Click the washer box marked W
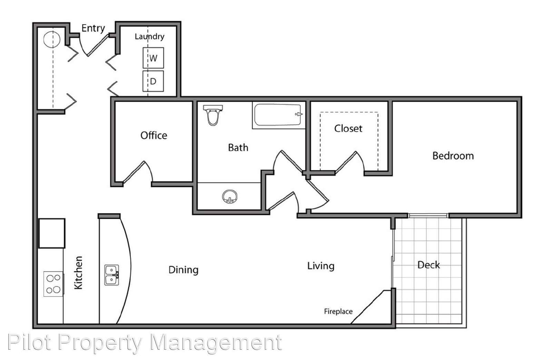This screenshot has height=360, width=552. point(153,58)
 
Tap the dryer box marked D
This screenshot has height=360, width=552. point(153,81)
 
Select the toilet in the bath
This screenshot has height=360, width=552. point(213,115)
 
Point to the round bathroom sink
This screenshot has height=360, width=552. point(230,196)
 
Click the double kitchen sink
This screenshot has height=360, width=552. point(112,275)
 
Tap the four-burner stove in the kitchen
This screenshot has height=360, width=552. point(53,284)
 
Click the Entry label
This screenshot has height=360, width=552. point(93,28)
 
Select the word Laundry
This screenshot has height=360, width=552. point(150,37)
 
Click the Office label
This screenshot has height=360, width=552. point(154,135)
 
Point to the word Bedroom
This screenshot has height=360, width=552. point(453,156)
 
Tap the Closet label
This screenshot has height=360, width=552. point(348,128)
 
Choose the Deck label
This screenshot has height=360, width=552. point(428,265)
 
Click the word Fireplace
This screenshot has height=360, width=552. point(338,311)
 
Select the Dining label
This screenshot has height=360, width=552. point(183,270)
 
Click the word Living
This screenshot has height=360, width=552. point(321,266)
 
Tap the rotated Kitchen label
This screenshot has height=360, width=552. point(78,272)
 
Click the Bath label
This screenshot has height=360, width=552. point(238,147)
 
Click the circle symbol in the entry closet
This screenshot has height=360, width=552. point(52,39)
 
